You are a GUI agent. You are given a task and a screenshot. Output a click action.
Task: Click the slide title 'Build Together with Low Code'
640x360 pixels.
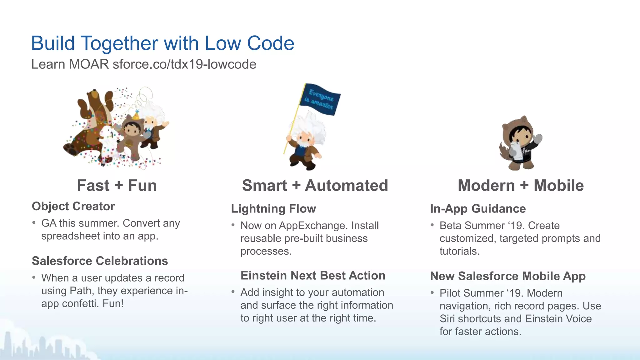point(162,43)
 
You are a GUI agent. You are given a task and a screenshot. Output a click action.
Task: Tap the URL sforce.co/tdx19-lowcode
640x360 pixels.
point(184,64)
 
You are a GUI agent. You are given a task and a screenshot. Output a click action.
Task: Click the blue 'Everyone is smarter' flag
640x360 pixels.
point(320,99)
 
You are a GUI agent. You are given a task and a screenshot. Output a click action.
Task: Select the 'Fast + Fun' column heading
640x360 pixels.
point(117,185)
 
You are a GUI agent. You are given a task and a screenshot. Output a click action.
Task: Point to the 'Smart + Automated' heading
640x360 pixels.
point(315,185)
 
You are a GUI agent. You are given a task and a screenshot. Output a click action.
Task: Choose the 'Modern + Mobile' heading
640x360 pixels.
point(521,185)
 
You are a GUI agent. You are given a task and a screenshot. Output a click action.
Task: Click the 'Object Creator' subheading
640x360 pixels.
point(73,206)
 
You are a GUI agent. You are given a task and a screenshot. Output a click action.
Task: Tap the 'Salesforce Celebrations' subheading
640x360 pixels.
point(100,261)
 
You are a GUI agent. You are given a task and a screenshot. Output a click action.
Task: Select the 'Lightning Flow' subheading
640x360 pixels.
point(273,209)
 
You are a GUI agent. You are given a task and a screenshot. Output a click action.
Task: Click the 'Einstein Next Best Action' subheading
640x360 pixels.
point(313,276)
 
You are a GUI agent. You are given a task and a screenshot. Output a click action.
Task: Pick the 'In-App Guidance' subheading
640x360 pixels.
point(478,209)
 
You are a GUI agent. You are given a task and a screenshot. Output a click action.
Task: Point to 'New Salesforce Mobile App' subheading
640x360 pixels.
point(508,276)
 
